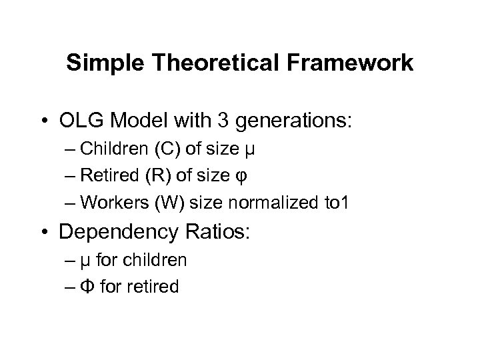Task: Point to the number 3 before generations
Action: pos(225,122)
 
